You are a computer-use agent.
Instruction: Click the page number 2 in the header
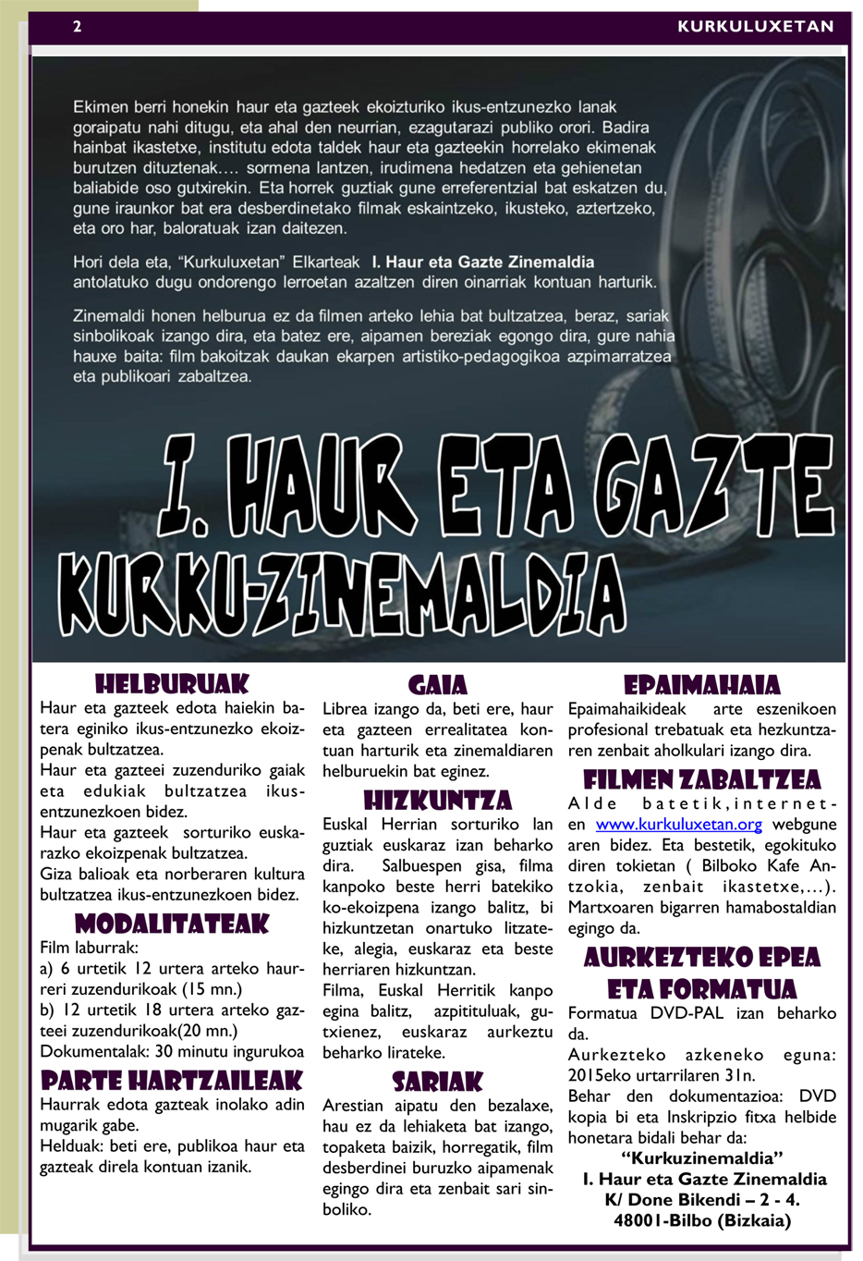[x=78, y=26]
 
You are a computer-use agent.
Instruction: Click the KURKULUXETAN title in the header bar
[x=755, y=26]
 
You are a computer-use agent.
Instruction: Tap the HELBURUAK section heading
[x=173, y=684]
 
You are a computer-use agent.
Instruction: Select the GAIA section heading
[x=438, y=685]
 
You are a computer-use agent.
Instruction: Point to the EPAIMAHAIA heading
[x=702, y=685]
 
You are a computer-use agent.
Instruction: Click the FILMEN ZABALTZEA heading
[x=702, y=779]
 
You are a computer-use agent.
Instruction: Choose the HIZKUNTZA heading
[x=438, y=801]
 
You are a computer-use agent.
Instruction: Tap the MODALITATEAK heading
[x=173, y=924]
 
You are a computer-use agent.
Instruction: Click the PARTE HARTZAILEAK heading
[x=173, y=1081]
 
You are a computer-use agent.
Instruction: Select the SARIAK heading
[x=438, y=1082]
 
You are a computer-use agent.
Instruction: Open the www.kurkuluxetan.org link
[x=679, y=825]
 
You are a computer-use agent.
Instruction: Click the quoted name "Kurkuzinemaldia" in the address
[x=703, y=1158]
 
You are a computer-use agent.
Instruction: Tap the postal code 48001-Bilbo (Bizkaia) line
[x=703, y=1220]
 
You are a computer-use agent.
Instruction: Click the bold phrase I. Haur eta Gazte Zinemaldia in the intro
[x=483, y=262]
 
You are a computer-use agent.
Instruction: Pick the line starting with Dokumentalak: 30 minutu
[x=172, y=1051]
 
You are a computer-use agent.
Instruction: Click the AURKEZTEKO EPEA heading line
[x=702, y=957]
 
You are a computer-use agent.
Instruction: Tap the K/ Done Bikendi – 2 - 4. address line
[x=703, y=1200]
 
